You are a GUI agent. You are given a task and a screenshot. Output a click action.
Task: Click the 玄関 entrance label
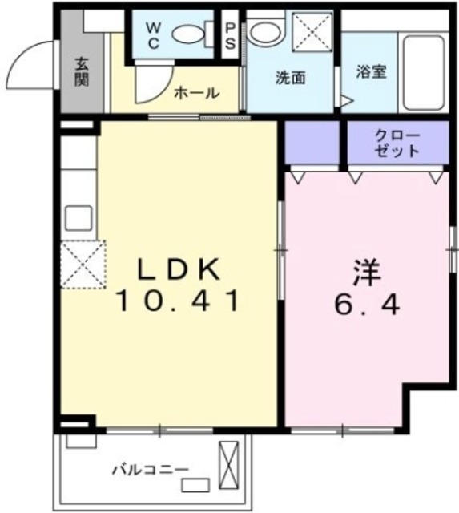(x=82, y=71)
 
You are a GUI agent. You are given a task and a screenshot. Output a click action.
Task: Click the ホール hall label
(x=196, y=93)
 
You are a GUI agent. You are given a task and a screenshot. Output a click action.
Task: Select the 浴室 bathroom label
(x=372, y=71)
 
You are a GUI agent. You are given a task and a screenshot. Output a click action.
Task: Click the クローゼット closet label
(x=396, y=142)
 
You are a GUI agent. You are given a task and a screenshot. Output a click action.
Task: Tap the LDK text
(x=178, y=269)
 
